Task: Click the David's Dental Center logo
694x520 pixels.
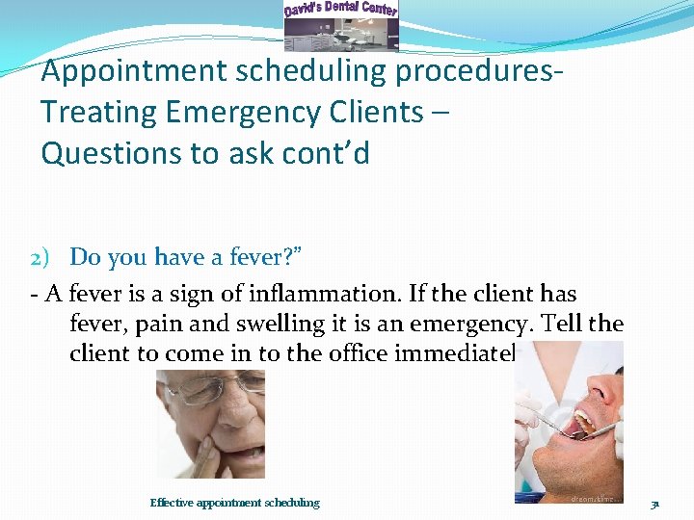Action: pyautogui.click(x=340, y=25)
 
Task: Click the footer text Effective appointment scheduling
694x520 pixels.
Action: pyautogui.click(x=234, y=503)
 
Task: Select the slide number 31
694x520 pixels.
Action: pyautogui.click(x=654, y=504)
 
